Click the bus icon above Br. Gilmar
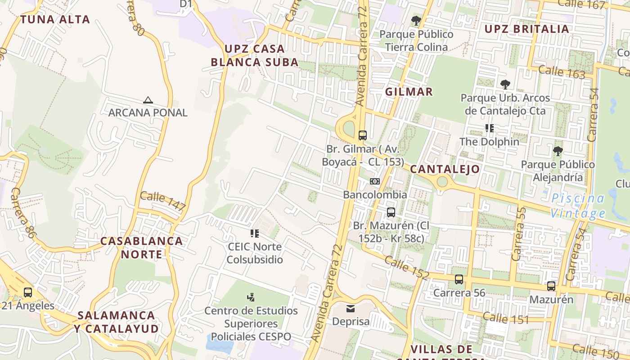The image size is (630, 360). click(362, 135)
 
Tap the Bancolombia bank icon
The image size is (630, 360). click(374, 181)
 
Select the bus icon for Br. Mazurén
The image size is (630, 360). click(391, 212)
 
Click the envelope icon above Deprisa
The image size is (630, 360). click(350, 309)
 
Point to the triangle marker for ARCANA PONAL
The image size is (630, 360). click(148, 100)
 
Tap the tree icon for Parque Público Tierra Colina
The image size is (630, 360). click(416, 21)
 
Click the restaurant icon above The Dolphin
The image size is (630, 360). click(490, 128)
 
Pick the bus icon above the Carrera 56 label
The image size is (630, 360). click(459, 279)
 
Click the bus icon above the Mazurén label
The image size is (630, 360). click(551, 286)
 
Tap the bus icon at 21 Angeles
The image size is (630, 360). click(27, 292)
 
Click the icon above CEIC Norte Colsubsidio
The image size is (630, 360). click(255, 234)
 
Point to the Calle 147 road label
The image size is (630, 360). click(162, 201)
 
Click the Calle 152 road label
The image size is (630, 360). click(407, 267)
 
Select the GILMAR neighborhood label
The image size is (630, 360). click(409, 92)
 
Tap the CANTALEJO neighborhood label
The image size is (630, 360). click(445, 169)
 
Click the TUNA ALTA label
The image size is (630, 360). click(55, 19)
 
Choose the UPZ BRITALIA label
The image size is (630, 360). click(526, 29)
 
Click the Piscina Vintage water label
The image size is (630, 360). click(578, 205)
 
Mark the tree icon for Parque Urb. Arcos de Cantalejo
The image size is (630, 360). click(505, 84)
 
